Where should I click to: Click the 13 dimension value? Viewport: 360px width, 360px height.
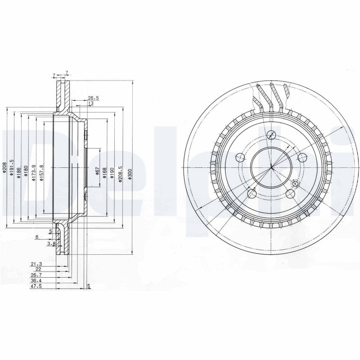click(x=90, y=103)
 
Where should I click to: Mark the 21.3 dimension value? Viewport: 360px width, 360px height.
click(x=36, y=264)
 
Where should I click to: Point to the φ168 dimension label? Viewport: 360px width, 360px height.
click(x=104, y=172)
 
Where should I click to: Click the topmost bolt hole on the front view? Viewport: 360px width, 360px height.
click(x=271, y=135)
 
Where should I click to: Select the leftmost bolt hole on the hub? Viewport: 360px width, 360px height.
click(x=240, y=157)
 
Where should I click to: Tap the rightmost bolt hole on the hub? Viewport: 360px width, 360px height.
click(x=302, y=157)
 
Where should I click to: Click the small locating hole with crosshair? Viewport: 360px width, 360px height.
click(x=295, y=184)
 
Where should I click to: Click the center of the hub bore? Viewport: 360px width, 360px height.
click(x=271, y=167)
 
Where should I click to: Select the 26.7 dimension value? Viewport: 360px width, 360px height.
click(x=36, y=275)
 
